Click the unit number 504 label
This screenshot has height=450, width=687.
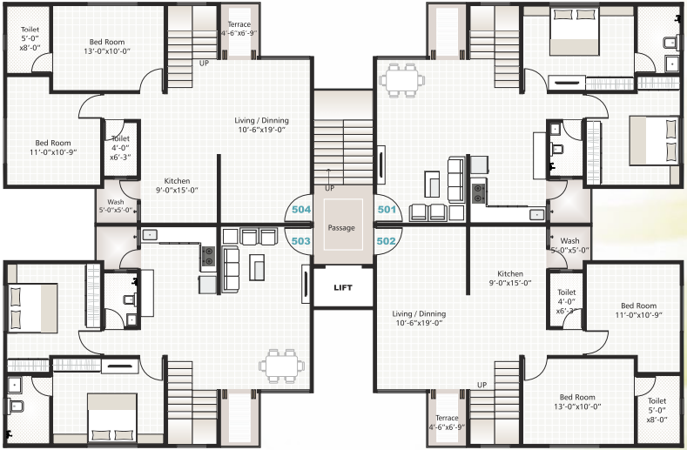click(x=300, y=210)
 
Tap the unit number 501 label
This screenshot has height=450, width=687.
click(x=386, y=210)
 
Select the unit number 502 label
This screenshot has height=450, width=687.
click(x=386, y=240)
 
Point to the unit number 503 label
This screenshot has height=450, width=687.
click(x=300, y=240)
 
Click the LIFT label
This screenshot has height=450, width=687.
click(x=343, y=287)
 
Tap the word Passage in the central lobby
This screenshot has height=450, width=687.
click(x=342, y=227)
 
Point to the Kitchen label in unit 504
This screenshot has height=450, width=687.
click(x=176, y=185)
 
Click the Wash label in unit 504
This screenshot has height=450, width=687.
click(x=115, y=205)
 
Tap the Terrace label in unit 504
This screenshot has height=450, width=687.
click(x=239, y=29)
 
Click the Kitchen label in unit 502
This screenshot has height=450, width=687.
click(x=509, y=278)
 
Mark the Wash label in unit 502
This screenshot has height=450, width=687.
click(x=569, y=245)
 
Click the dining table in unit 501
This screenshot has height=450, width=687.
click(x=403, y=78)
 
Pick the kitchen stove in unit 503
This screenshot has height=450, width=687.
click(x=209, y=255)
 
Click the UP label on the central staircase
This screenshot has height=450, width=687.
click(x=328, y=188)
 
